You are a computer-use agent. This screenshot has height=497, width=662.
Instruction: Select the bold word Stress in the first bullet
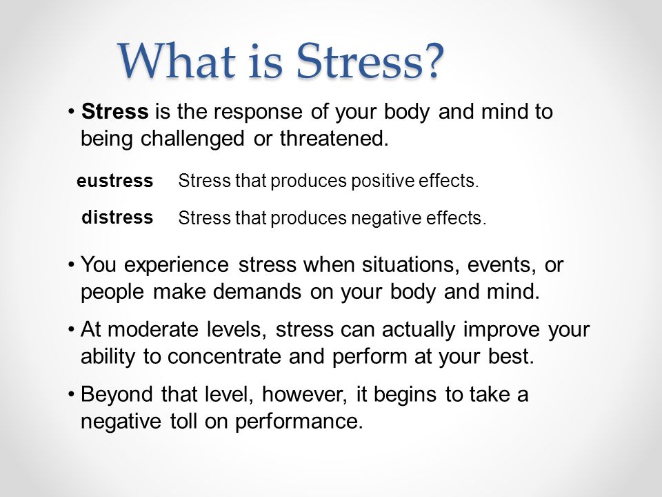point(115,112)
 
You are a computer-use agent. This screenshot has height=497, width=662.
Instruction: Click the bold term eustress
point(115,181)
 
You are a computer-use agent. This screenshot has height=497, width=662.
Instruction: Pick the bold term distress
point(117,217)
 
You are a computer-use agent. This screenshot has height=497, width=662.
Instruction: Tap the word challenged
point(192,139)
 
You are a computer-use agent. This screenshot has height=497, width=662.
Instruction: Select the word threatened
point(334,138)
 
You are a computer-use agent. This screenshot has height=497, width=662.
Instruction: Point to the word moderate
point(153,329)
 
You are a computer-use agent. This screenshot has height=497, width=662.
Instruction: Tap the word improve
point(501,330)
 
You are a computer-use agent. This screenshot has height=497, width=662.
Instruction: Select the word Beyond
point(117,395)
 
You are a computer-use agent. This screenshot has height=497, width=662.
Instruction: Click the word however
point(304,395)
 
